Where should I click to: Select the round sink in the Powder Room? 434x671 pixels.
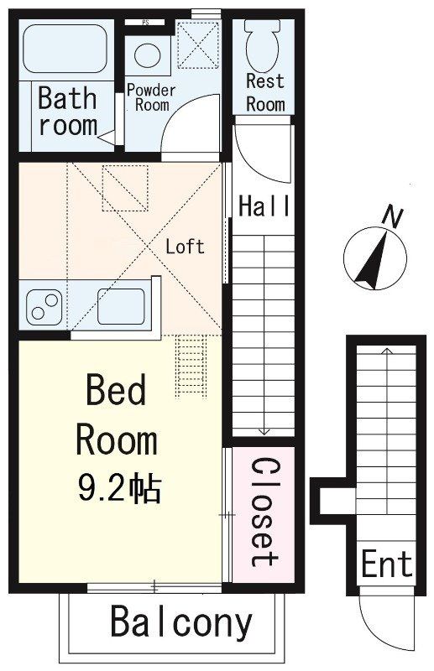148,55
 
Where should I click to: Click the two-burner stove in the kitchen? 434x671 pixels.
44,307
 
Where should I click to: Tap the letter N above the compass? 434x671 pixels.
391,216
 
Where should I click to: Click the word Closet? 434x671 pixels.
263,511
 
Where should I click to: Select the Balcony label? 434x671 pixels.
180,622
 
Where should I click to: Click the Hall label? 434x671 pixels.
264,206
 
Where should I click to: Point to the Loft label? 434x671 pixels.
185,247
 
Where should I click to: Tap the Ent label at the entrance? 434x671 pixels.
387,564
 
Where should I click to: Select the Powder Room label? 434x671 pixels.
151,97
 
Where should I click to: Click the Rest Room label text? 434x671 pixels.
265,92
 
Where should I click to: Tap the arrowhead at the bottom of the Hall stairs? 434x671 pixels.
264,432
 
